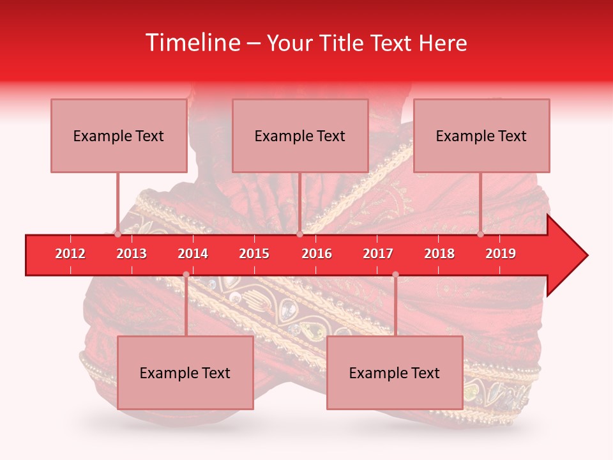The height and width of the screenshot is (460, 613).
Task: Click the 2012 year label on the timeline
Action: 70,254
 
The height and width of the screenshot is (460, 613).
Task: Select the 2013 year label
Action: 132,254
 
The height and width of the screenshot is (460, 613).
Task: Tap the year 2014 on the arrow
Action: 193,254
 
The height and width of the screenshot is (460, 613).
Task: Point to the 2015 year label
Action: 254,254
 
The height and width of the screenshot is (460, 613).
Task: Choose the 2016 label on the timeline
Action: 317,254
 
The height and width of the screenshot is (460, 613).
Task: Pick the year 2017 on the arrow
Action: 378,254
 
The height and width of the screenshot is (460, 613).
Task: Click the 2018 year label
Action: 439,254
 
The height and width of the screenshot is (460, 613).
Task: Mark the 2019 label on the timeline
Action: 501,254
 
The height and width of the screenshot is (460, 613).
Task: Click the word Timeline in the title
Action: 191,43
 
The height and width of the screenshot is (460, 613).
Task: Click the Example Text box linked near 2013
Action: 119,135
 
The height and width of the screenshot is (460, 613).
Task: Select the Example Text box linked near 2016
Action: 300,135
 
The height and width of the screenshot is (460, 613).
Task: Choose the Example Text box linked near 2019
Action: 481,135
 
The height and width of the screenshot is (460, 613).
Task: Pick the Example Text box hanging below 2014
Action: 185,372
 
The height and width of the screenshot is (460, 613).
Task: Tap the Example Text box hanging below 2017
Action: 395,372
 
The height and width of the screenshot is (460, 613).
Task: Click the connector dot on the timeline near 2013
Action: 118,234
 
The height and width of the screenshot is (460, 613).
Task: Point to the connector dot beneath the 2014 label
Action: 186,275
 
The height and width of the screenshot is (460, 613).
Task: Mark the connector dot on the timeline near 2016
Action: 299,234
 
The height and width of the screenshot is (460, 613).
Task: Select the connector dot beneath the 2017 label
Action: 395,275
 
